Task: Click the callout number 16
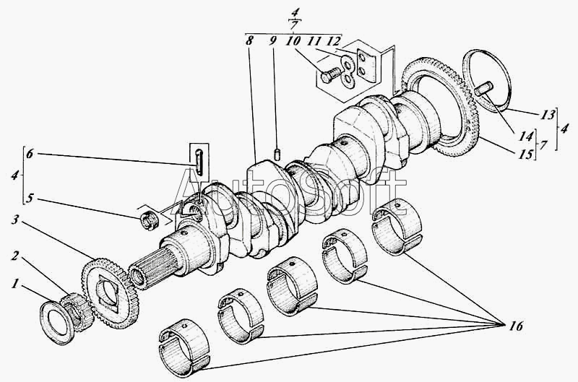[517, 326]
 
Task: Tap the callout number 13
[548, 115]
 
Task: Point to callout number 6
[30, 154]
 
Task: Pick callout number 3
[15, 221]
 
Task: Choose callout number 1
[14, 284]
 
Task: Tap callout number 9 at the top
[272, 40]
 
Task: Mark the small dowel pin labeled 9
[277, 154]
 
